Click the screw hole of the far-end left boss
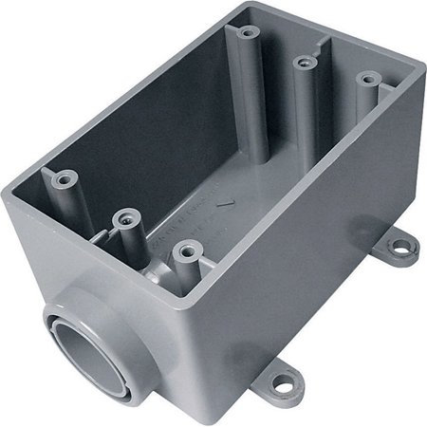pyautogui.click(x=249, y=32)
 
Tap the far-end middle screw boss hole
pyautogui.click(x=304, y=64)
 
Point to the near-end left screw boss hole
pyautogui.click(x=65, y=177)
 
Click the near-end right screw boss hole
pyautogui.click(x=186, y=252)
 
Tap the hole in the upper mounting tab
pyautogui.click(x=406, y=248)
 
